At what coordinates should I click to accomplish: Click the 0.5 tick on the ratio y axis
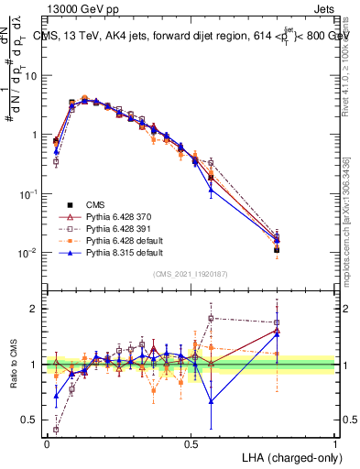coord(33,420)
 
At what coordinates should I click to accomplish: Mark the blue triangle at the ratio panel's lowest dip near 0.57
coord(212,400)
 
